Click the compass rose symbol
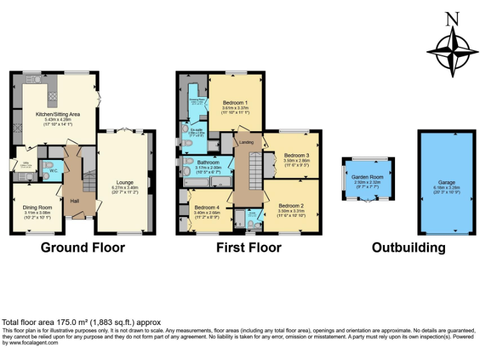(449, 53)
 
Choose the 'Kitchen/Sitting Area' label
(57, 114)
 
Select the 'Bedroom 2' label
(291, 206)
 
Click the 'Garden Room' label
(367, 176)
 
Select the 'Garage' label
(446, 182)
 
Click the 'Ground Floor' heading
(82, 247)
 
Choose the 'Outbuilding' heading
(408, 247)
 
